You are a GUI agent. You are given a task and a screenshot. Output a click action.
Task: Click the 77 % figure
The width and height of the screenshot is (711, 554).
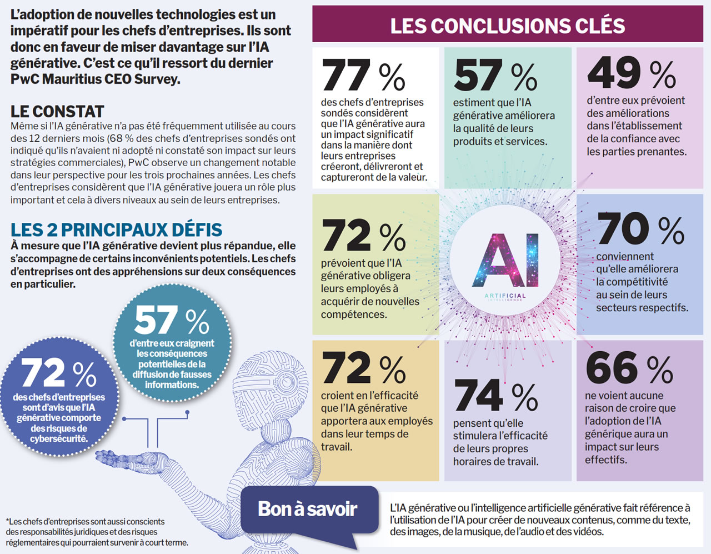click(x=363, y=76)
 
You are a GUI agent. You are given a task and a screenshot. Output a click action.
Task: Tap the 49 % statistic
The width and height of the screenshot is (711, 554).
click(x=631, y=73)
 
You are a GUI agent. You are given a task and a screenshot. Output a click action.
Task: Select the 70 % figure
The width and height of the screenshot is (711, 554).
click(x=640, y=228)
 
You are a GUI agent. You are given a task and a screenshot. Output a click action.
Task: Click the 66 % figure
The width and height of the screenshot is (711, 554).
click(x=629, y=368)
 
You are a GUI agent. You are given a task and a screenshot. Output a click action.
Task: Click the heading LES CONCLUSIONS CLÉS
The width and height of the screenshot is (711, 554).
click(x=508, y=26)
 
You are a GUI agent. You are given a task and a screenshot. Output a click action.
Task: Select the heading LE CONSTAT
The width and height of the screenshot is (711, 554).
click(x=57, y=112)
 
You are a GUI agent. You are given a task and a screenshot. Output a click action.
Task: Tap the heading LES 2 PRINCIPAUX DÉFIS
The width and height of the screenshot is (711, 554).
click(x=116, y=229)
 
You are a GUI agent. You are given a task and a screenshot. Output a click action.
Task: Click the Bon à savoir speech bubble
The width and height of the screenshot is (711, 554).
click(x=308, y=509)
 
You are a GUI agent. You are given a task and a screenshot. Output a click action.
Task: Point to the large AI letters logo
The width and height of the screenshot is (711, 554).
click(x=505, y=261)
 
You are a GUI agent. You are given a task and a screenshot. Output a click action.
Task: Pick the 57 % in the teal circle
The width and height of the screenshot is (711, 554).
click(x=172, y=321)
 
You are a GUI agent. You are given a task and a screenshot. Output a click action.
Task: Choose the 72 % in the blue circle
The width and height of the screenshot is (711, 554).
click(x=59, y=373)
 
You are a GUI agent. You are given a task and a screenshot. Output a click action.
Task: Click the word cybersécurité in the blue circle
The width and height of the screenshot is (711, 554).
click(x=59, y=439)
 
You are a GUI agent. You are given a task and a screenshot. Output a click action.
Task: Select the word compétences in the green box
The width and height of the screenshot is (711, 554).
click(x=354, y=315)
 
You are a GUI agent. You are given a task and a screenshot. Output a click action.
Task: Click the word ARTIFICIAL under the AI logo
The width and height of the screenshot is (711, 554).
click(x=504, y=296)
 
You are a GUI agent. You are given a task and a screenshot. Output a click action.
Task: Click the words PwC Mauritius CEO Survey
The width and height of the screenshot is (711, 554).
click(x=95, y=79)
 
